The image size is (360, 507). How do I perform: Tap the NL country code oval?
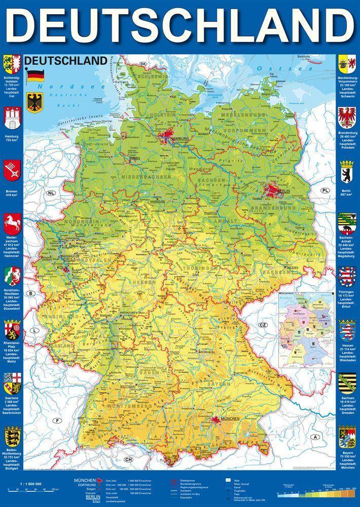click(51, 194)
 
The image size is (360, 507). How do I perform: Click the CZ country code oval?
click(263, 324)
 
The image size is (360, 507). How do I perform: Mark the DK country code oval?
click(143, 64)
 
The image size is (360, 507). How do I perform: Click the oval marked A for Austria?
click(315, 437)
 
